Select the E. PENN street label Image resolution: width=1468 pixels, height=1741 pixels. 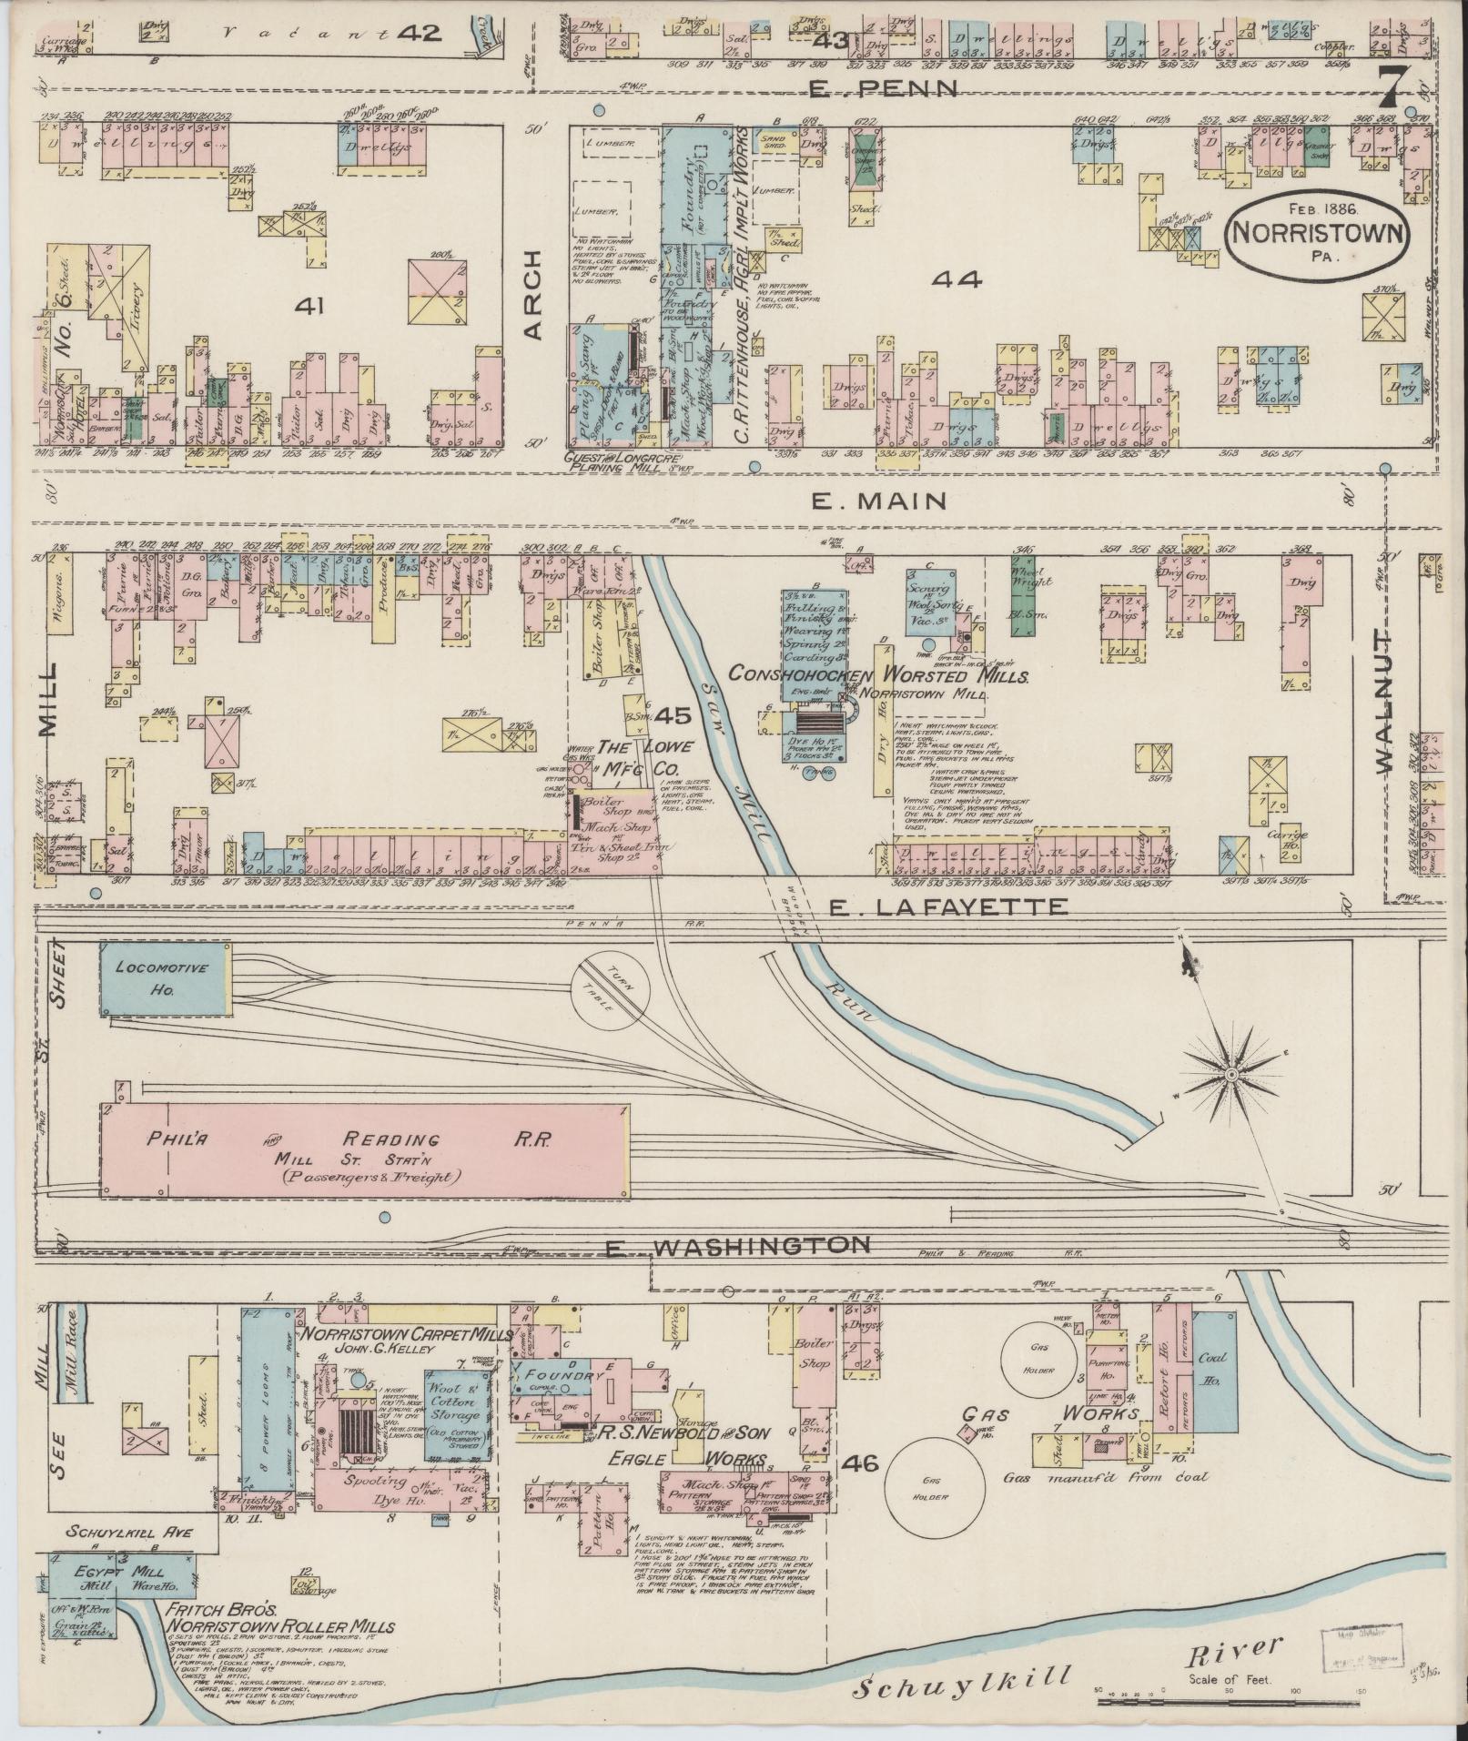point(884,88)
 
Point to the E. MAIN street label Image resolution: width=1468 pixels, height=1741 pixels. point(879,500)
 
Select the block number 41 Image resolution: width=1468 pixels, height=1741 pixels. point(311,305)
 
